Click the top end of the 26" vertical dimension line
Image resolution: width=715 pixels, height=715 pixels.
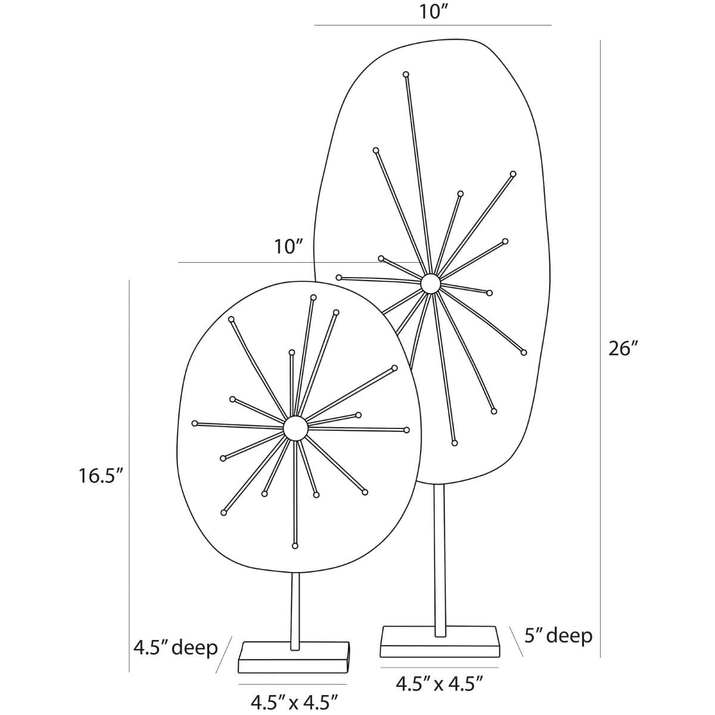coord(601,41)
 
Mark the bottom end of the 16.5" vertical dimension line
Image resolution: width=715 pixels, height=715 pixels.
coord(129,672)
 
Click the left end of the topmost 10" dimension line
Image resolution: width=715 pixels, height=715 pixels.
coord(315,25)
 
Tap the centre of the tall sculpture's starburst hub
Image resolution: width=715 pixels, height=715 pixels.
coord(430,284)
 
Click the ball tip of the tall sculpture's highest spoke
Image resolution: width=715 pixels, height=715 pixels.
coord(406,74)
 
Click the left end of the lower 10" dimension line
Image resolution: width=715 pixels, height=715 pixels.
coord(179,263)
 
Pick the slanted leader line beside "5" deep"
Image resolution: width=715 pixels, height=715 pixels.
coord(517,642)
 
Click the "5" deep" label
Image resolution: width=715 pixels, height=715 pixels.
coord(558,636)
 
